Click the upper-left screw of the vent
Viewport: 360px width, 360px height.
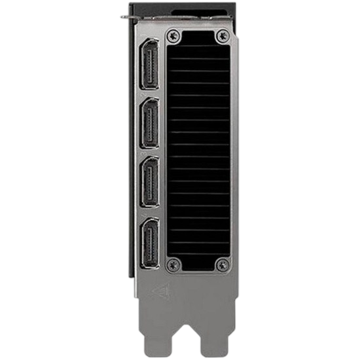point(173,37)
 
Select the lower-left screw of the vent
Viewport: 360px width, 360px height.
point(173,264)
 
